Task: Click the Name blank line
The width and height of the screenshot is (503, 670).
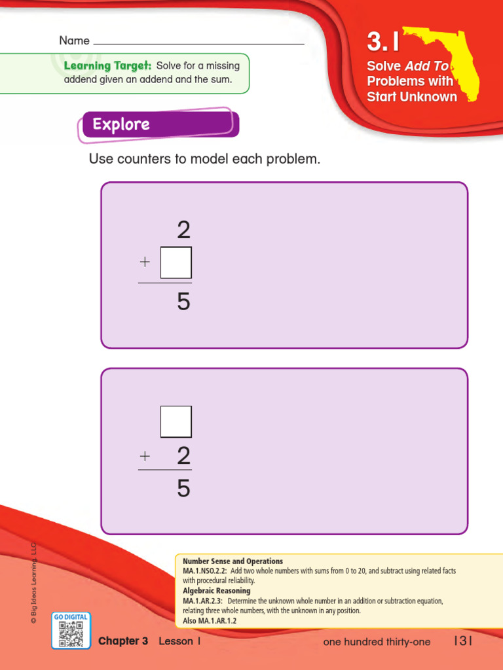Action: pos(199,43)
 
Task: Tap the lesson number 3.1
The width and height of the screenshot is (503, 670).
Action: pos(382,43)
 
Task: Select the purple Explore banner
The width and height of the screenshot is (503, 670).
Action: pos(159,124)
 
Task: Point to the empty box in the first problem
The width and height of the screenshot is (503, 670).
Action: pos(176,262)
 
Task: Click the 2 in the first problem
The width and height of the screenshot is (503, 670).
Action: pos(183,230)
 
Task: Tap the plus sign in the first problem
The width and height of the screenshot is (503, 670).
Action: pos(145,262)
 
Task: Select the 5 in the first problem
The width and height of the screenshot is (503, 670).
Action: pos(183,302)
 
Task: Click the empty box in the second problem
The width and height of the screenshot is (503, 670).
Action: pos(176,421)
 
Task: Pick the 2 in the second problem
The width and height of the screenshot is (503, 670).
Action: pos(183,456)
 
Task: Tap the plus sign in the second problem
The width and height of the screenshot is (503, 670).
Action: pos(145,456)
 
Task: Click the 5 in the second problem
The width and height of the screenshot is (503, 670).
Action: pos(183,488)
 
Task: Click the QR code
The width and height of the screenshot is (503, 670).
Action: pos(71,633)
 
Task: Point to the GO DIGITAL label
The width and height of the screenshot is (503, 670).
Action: pos(71,617)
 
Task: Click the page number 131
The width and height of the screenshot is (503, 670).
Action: pos(462,641)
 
